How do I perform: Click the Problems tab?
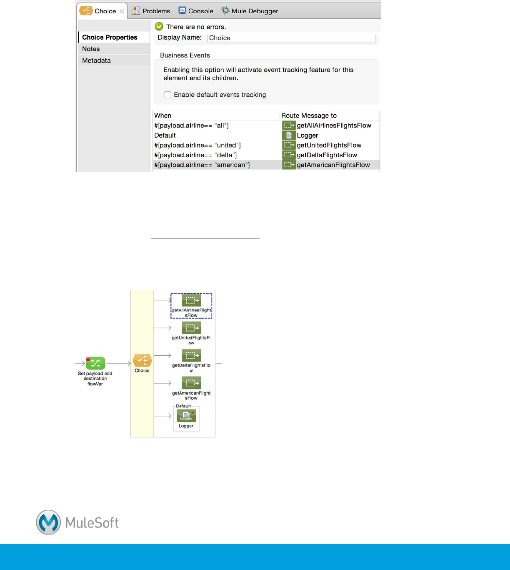[x=151, y=11]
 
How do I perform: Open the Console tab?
[x=196, y=11]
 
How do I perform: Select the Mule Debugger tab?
[x=250, y=11]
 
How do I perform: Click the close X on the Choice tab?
[x=122, y=11]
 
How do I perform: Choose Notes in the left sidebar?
[x=91, y=49]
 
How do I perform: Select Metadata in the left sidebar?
[x=96, y=60]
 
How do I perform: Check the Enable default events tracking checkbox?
[x=167, y=95]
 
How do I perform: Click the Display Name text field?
[x=291, y=38]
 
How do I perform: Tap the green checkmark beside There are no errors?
[x=159, y=27]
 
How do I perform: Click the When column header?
[x=163, y=116]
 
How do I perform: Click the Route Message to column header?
[x=309, y=116]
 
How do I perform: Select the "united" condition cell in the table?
[x=197, y=145]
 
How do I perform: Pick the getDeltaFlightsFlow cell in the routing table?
[x=327, y=155]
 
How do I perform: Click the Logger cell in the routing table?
[x=307, y=136]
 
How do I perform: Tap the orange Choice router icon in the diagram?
[x=142, y=360]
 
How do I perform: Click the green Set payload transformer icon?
[x=95, y=363]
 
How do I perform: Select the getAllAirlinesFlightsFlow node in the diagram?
[x=191, y=300]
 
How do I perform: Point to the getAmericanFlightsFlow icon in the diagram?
[x=191, y=383]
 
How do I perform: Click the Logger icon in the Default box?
[x=186, y=415]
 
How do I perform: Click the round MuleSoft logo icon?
[x=48, y=522]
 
